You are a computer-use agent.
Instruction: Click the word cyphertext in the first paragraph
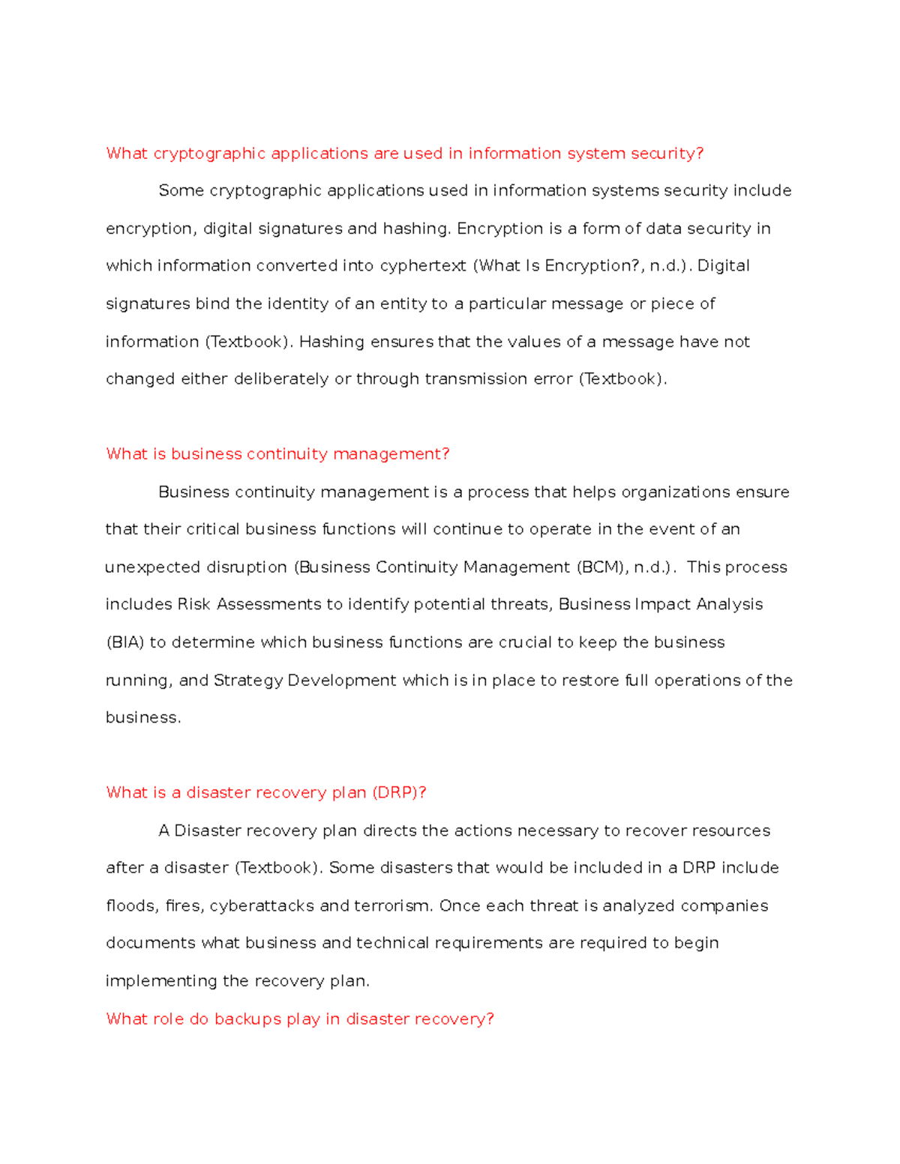pos(423,266)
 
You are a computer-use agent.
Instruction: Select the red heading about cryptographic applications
pos(404,154)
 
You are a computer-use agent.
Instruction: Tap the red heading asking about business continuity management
pos(277,454)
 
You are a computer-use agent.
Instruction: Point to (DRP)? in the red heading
pos(399,793)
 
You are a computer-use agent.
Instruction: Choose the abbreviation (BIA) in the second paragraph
pos(124,642)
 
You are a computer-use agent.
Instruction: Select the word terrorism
pos(392,906)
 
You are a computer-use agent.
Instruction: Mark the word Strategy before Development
pos(248,681)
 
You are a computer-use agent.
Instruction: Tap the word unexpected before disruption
pos(147,567)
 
